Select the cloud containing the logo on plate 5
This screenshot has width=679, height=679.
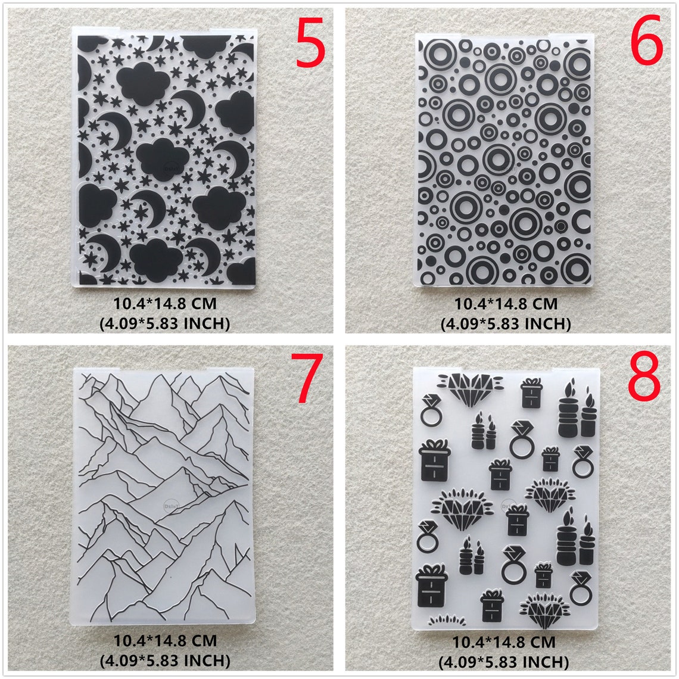click(163, 156)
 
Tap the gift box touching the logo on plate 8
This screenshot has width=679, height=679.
click(517, 519)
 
